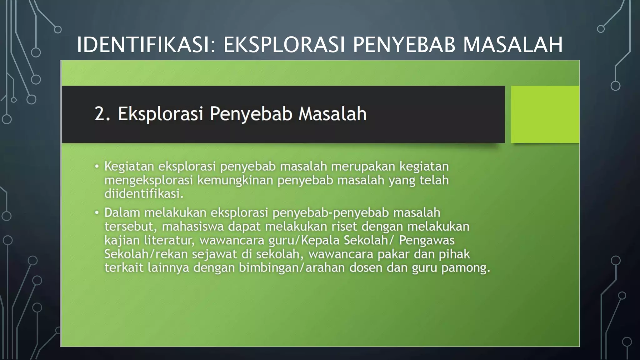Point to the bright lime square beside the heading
coord(545,114)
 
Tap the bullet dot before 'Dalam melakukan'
coord(97,213)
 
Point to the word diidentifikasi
coord(143,194)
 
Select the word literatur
coord(169,240)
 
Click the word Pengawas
coord(427,240)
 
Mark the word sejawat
coord(214,254)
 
